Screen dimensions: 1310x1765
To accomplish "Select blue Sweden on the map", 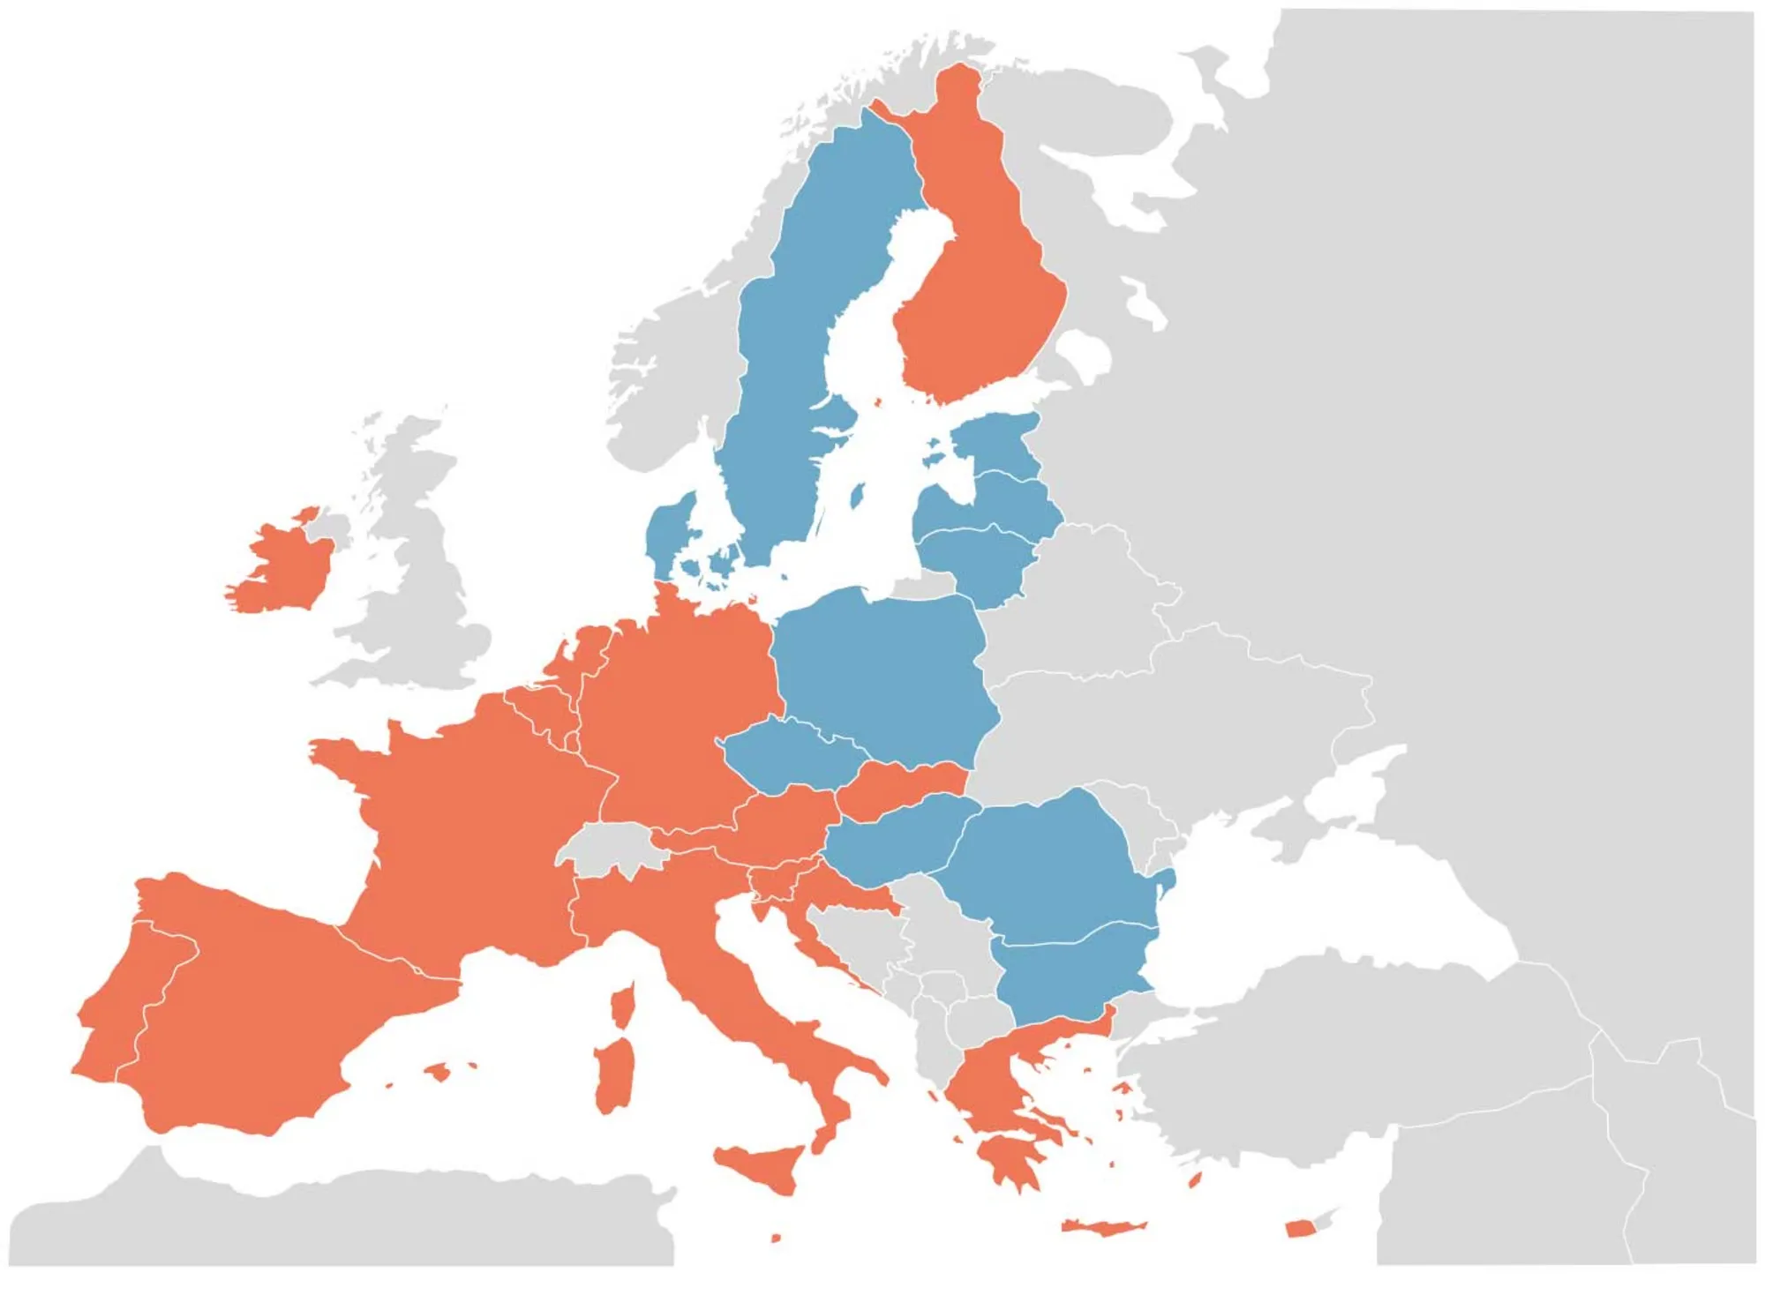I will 785,353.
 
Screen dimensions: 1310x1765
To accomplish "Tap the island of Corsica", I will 623,1006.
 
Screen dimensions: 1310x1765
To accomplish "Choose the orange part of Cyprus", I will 1297,1229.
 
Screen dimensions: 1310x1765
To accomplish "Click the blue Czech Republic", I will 794,754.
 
